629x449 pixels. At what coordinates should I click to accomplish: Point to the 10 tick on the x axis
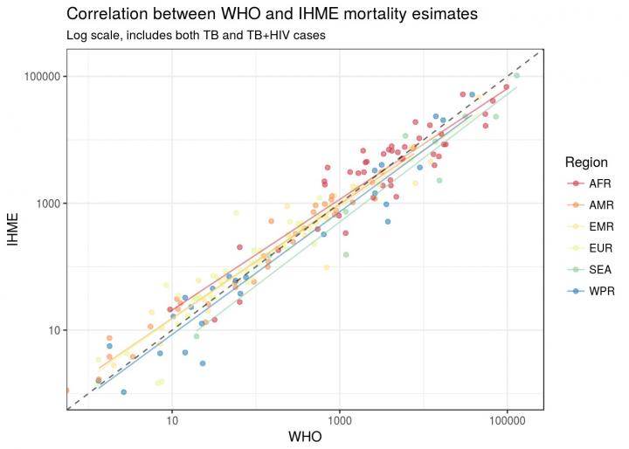(172, 418)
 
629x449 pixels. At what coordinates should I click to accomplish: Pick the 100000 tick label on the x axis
(508, 418)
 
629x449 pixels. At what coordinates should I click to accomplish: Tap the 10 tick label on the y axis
(52, 330)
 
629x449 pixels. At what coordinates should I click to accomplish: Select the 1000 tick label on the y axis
(46, 204)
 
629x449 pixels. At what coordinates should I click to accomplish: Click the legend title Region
(586, 162)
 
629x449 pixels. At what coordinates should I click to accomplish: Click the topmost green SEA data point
(516, 76)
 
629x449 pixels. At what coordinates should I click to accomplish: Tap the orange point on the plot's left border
(66, 390)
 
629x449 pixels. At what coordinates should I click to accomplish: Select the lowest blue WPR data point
(123, 392)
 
